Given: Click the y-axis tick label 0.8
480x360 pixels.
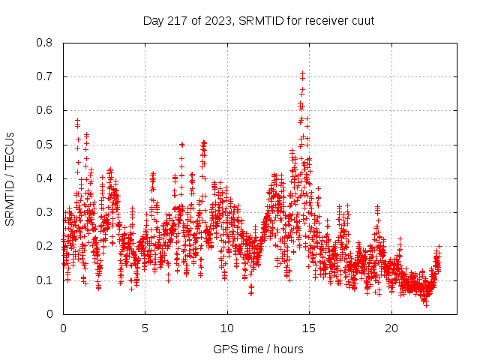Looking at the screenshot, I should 46,43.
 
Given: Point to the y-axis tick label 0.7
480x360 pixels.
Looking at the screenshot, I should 46,76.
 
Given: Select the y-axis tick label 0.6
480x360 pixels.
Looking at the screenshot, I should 46,110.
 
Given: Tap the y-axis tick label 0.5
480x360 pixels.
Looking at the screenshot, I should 46,144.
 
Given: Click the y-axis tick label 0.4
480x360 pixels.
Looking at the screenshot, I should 46,178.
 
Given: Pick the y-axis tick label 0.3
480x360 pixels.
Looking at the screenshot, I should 46,212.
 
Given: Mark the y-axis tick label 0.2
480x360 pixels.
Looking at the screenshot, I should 46,246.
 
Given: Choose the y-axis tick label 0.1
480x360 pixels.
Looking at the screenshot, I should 46,280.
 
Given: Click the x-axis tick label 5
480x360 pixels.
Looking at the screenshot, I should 145,328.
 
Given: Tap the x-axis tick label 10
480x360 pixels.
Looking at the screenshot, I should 227,328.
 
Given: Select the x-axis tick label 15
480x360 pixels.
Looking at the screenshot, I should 310,328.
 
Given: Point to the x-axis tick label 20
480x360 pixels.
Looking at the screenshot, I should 391,328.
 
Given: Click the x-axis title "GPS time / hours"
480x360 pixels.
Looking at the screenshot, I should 258,349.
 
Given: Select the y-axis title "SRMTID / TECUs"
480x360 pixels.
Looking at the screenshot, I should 10,178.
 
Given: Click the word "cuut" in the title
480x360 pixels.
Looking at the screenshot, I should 361,20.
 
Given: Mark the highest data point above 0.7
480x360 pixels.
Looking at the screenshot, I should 302,73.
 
